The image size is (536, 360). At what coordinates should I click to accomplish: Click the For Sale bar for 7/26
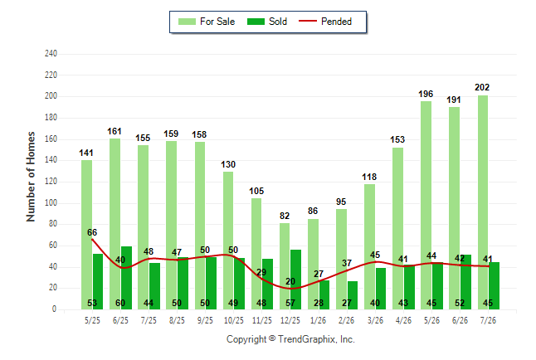pyautogui.click(x=483, y=202)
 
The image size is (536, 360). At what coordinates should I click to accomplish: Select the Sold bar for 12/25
pyautogui.click(x=295, y=280)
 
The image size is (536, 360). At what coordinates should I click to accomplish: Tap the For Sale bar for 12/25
pyautogui.click(x=285, y=266)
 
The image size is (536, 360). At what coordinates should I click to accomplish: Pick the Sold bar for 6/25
pyautogui.click(x=126, y=278)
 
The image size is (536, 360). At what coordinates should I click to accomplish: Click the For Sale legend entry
pyautogui.click(x=207, y=22)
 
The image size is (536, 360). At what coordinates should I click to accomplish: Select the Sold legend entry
pyautogui.click(x=267, y=22)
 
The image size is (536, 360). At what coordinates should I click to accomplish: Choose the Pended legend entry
pyautogui.click(x=325, y=22)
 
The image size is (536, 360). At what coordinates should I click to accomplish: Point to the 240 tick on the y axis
pyautogui.click(x=51, y=54)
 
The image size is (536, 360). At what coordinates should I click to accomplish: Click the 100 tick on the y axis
pyautogui.click(x=51, y=202)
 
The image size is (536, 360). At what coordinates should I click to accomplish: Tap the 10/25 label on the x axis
pyautogui.click(x=234, y=320)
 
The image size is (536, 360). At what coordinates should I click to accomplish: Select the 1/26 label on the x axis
pyautogui.click(x=319, y=320)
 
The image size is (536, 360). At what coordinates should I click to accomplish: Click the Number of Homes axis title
pyautogui.click(x=31, y=177)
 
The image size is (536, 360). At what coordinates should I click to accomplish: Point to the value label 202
pyautogui.click(x=482, y=88)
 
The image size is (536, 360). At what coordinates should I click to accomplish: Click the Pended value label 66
pyautogui.click(x=92, y=232)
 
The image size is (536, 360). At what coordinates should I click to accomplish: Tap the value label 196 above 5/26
pyautogui.click(x=426, y=94)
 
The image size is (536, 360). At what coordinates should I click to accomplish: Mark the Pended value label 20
pyautogui.click(x=290, y=281)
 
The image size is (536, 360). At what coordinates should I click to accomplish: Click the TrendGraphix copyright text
pyautogui.click(x=290, y=339)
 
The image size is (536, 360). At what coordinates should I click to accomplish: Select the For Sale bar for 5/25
pyautogui.click(x=87, y=235)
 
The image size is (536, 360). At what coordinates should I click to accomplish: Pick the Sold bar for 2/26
pyautogui.click(x=353, y=295)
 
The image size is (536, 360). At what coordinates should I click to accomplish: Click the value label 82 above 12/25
pyautogui.click(x=285, y=216)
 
